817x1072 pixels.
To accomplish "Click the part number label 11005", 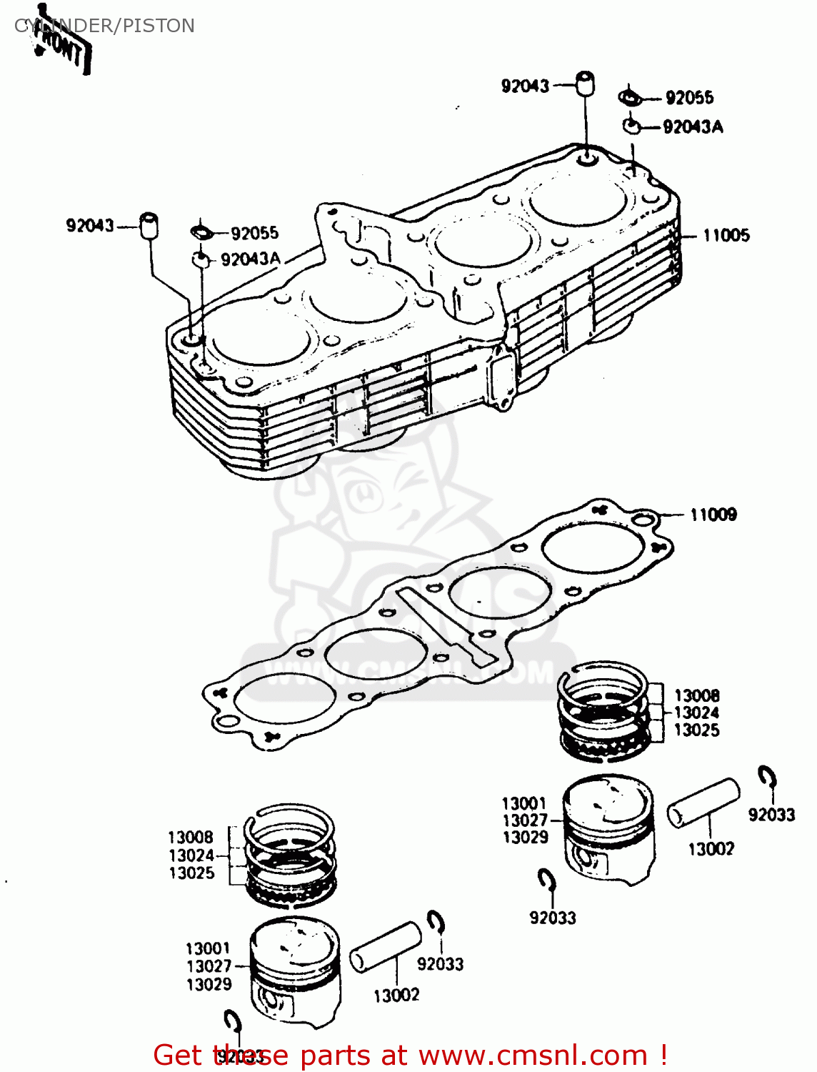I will tap(726, 235).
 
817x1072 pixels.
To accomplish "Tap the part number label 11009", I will tap(713, 515).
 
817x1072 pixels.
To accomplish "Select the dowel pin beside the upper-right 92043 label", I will tap(586, 84).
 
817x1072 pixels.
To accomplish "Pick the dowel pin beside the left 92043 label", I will tap(149, 225).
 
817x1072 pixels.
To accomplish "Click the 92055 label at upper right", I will tap(689, 98).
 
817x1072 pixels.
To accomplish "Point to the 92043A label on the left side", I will tap(250, 259).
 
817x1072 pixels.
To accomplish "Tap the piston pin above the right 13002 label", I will tap(703, 803).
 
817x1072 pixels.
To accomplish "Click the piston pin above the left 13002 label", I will tap(386, 947).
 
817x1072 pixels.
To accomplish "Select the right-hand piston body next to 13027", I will tap(608, 829).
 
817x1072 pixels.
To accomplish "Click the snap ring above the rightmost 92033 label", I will tap(768, 777).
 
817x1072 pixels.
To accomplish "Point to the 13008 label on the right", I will tap(696, 695).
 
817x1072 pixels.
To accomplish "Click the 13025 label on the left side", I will tap(191, 873).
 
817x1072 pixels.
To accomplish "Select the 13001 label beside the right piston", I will tap(523, 803).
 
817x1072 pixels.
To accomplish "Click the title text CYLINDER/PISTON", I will tap(104, 26).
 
